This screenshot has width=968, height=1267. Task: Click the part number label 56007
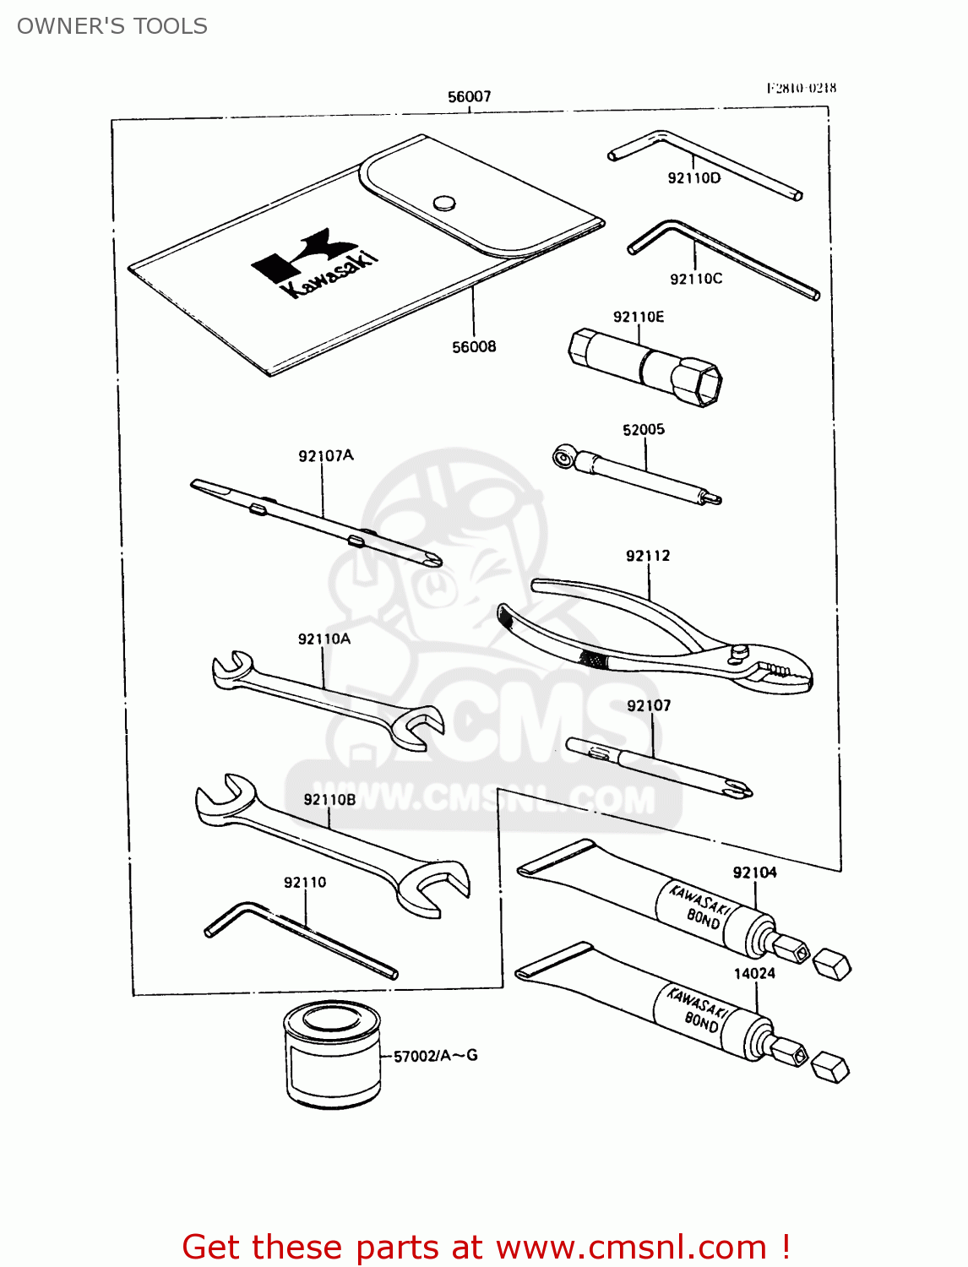(x=469, y=97)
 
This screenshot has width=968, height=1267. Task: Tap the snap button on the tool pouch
(x=443, y=202)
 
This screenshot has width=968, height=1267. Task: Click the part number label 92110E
(x=639, y=317)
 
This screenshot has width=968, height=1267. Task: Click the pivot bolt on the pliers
(x=740, y=651)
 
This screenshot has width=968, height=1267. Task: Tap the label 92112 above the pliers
(x=648, y=556)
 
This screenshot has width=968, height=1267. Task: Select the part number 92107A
(x=326, y=456)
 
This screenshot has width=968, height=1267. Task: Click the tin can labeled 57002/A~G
(x=331, y=1054)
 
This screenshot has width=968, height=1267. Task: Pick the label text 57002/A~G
(x=436, y=1056)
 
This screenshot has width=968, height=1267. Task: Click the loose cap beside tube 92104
(x=831, y=963)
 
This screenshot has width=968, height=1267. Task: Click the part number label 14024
(x=754, y=973)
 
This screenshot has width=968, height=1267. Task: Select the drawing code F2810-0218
(x=802, y=88)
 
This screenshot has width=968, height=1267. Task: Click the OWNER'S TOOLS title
(x=112, y=26)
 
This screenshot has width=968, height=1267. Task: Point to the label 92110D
(x=694, y=178)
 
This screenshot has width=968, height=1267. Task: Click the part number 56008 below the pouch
(x=474, y=346)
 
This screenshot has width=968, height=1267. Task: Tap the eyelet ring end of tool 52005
(x=562, y=457)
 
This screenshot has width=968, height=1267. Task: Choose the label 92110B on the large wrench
(x=329, y=799)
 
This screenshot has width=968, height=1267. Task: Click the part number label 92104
(x=754, y=873)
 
